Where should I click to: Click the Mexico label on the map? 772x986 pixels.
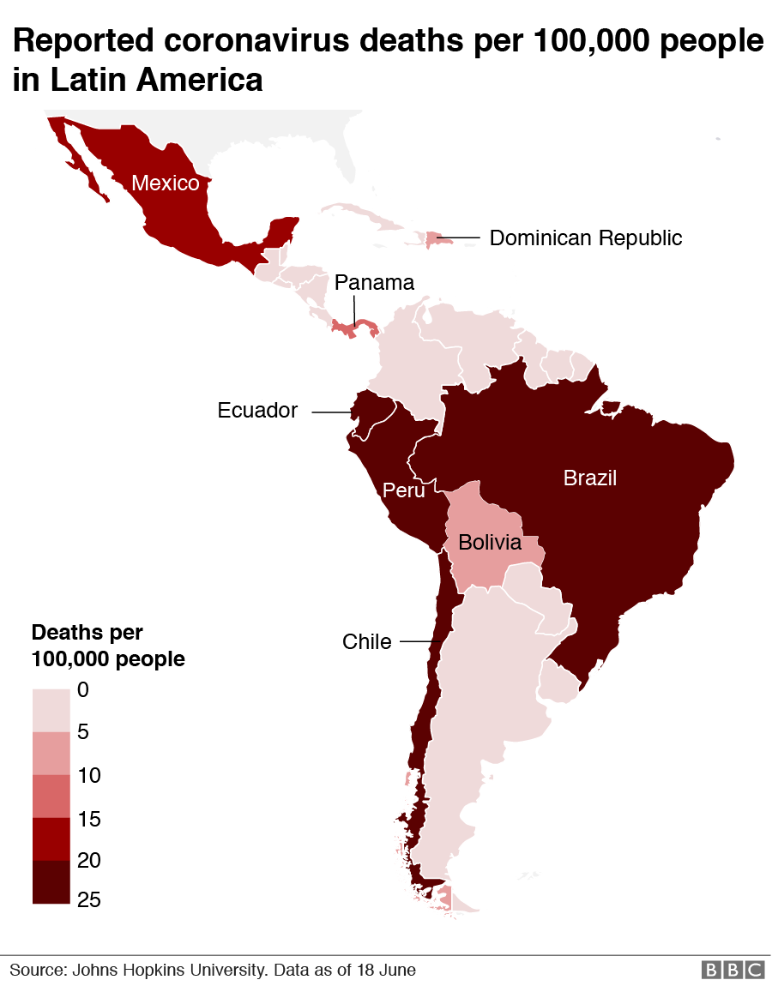coord(166,183)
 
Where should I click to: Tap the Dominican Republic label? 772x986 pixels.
coord(586,237)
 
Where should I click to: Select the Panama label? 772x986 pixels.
coord(374,282)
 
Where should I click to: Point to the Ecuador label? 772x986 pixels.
coord(257,411)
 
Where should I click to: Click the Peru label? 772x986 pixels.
coord(403,490)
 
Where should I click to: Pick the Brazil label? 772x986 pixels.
coord(590,478)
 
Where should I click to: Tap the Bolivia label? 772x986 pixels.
coord(489,542)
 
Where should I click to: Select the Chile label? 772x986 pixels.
coord(366,641)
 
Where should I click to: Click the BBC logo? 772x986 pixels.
coord(732,970)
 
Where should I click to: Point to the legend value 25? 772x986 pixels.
coord(89,899)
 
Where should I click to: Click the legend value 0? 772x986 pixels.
coord(82,688)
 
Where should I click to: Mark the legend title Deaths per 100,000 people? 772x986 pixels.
coord(108,646)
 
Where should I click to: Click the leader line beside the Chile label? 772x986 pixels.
coord(420,641)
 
